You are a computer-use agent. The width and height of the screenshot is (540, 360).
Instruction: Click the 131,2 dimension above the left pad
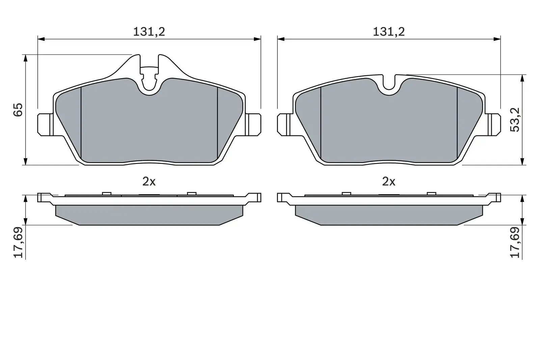[148, 32]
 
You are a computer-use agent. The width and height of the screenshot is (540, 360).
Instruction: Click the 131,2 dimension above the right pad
[388, 32]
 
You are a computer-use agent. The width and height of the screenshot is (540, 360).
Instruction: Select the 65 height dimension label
[18, 110]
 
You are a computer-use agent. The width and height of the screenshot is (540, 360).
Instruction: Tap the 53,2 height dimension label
[515, 119]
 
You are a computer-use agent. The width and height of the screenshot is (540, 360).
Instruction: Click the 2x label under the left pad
[148, 182]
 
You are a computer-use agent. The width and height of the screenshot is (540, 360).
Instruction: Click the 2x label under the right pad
[388, 182]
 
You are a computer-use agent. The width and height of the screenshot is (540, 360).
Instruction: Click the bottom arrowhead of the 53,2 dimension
[522, 161]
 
